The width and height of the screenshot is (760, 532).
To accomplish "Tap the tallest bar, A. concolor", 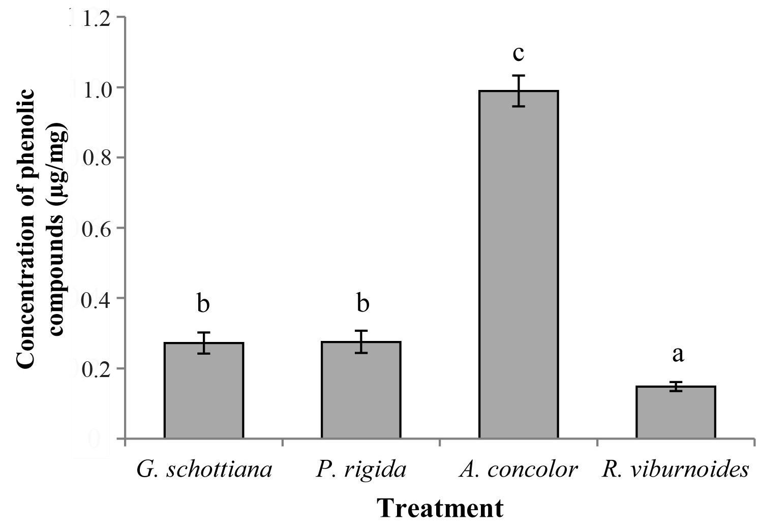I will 518,264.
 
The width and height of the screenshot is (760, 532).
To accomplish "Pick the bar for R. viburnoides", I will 676,412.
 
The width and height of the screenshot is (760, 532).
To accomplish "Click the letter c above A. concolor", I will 518,53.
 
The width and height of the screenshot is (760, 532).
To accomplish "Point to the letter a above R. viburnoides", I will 678,355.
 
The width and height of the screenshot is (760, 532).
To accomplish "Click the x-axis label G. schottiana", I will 204,470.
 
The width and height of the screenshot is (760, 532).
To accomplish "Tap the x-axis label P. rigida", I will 361,470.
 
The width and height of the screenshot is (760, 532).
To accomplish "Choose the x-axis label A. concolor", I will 518,470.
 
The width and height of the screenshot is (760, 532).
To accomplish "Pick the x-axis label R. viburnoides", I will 676,470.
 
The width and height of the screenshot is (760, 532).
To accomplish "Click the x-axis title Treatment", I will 440,509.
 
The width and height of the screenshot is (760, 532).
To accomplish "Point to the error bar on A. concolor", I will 518,90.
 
